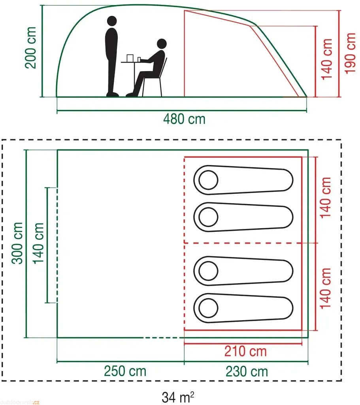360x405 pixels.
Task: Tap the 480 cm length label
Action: point(184,119)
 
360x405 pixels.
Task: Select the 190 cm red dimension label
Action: point(350,53)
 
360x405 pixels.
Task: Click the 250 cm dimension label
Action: point(125,371)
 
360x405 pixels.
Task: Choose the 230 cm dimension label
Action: point(247,371)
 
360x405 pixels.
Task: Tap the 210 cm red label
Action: point(246,351)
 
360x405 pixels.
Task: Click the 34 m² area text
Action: point(178,396)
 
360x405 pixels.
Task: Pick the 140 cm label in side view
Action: point(327,59)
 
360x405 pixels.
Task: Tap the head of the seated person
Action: point(161,44)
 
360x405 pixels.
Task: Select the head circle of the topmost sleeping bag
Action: point(208,181)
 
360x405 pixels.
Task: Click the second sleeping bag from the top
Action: point(243,217)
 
